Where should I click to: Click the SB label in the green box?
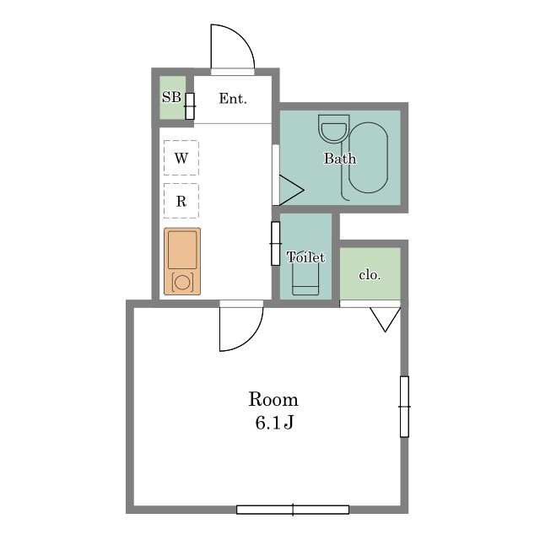[171, 97]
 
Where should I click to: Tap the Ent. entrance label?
[233, 99]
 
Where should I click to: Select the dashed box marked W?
[181, 158]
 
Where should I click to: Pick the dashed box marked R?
[181, 201]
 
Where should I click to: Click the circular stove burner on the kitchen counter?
[182, 283]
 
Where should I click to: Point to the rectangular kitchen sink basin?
[182, 250]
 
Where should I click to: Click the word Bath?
[340, 159]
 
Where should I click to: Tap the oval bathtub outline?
[368, 158]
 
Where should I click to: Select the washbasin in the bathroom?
[334, 127]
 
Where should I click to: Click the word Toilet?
[305, 257]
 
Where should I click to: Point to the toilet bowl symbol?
[305, 279]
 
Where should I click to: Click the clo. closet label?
[370, 275]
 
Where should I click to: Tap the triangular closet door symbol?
[385, 319]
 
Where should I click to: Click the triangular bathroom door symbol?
[291, 190]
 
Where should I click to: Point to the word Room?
[273, 399]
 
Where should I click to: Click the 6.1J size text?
[274, 423]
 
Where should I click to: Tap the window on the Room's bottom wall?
[293, 510]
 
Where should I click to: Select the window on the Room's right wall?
[405, 407]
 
